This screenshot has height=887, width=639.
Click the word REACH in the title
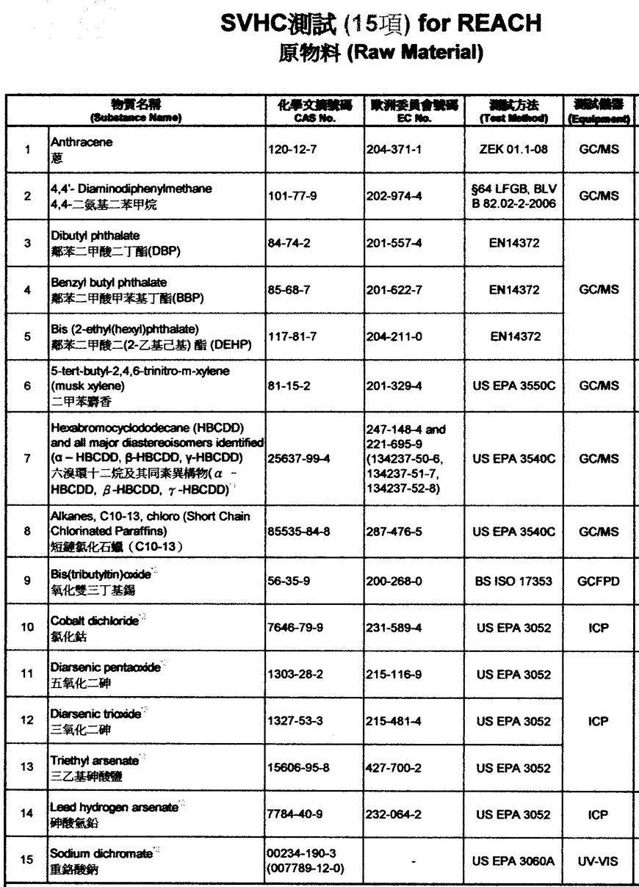(x=499, y=24)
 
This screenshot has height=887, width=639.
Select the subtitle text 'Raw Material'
(x=413, y=54)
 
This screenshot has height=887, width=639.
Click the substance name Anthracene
(x=82, y=142)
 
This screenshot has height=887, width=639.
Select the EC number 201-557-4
(x=394, y=243)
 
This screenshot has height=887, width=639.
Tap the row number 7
(x=27, y=458)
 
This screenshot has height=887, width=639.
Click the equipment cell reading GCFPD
(x=598, y=582)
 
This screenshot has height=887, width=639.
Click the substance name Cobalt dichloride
(x=94, y=620)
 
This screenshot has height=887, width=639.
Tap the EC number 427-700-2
(x=394, y=768)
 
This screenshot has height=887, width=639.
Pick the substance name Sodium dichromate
(x=101, y=854)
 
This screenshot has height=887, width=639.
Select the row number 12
(x=27, y=721)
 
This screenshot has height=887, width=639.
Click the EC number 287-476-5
(x=394, y=531)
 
